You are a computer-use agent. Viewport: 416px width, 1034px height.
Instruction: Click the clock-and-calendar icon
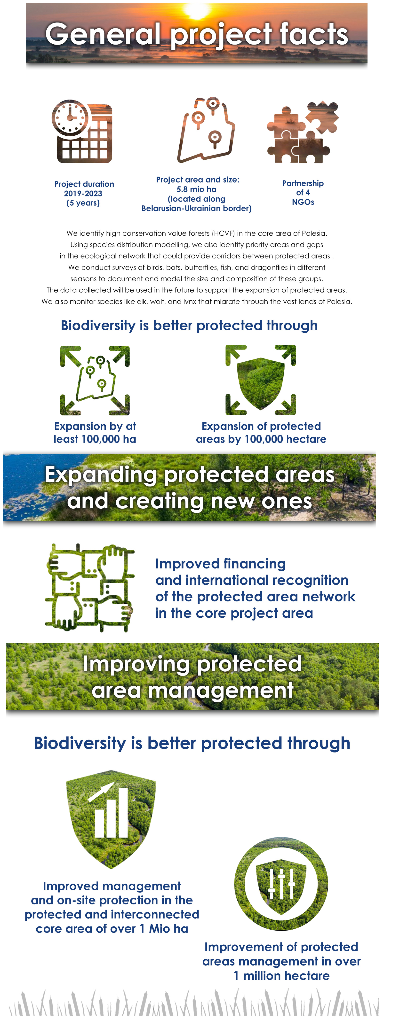click(x=82, y=131)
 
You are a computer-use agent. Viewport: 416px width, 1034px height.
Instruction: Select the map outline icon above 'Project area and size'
click(x=206, y=130)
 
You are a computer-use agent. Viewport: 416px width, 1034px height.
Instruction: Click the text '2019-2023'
click(x=83, y=194)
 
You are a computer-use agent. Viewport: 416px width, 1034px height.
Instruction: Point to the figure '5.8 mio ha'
click(x=197, y=189)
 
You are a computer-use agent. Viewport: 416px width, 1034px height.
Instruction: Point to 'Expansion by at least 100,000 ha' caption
click(x=95, y=433)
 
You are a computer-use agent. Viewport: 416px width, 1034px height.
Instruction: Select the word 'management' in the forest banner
click(x=192, y=691)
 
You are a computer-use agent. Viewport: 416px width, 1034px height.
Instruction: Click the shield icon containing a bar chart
click(x=111, y=819)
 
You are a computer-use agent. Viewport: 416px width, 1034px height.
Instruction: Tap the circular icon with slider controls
click(x=281, y=884)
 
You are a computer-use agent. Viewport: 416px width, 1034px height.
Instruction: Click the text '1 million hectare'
click(x=282, y=976)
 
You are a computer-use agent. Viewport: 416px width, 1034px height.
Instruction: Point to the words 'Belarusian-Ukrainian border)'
click(x=197, y=208)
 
